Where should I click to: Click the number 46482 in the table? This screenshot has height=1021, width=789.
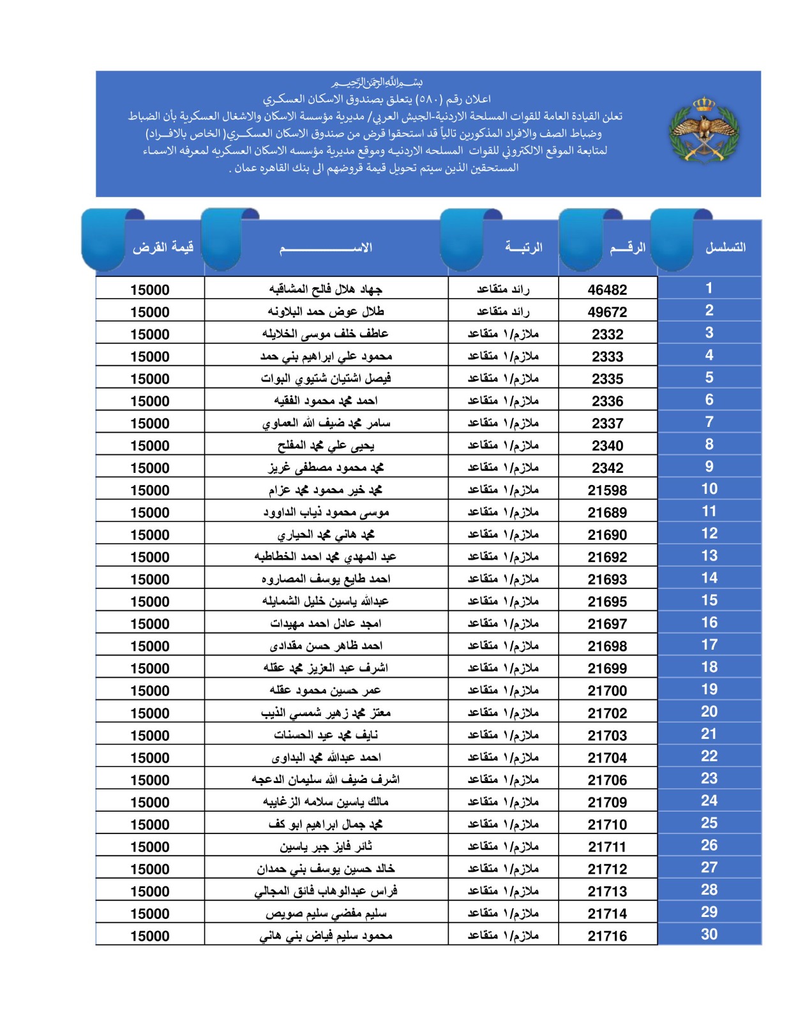point(607,290)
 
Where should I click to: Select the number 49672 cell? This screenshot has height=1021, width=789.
point(607,312)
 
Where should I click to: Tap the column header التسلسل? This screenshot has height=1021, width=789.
point(725,247)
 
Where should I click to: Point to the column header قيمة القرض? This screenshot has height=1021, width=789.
point(163,247)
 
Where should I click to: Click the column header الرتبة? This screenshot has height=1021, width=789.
point(523,247)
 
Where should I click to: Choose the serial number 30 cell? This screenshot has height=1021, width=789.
point(709,934)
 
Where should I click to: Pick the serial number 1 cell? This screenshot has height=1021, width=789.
point(709,288)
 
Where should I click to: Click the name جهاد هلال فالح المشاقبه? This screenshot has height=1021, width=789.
point(326,290)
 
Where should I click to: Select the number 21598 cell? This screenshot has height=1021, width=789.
point(607,490)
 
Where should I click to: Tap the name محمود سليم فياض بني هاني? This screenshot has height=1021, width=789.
point(326,935)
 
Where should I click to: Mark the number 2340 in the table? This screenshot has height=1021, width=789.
point(607,445)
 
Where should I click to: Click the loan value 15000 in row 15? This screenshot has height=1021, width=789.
point(150,602)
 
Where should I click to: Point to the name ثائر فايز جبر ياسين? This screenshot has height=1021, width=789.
point(326,846)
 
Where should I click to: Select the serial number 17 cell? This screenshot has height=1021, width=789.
point(709,645)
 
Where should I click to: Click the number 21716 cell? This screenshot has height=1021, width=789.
point(607,936)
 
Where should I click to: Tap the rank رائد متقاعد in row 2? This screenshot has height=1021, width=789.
point(503,312)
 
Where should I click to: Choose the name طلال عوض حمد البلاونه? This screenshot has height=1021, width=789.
point(326,312)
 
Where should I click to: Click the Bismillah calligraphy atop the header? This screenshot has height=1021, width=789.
point(377,83)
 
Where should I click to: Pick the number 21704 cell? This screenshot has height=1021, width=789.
point(607,757)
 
